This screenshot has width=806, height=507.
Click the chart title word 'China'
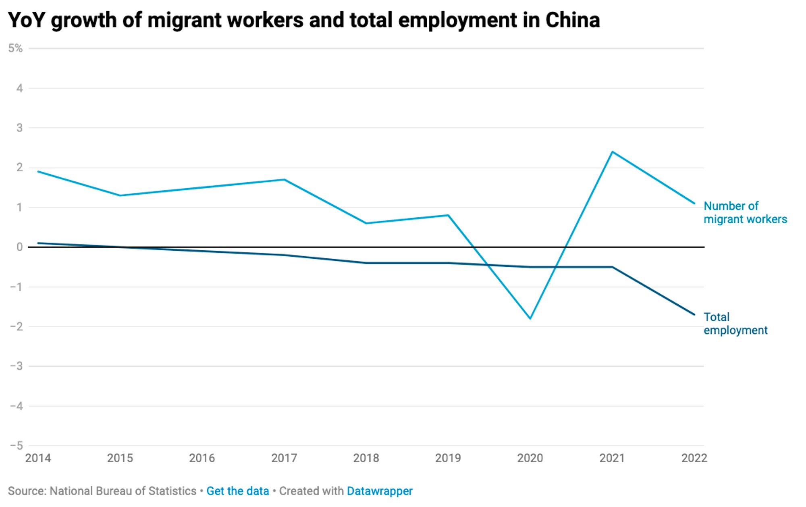click(x=572, y=20)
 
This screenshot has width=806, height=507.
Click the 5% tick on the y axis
click(x=15, y=48)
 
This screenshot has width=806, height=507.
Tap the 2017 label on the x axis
click(x=284, y=458)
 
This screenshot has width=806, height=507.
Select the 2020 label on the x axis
click(x=530, y=458)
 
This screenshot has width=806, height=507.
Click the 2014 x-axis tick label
click(x=38, y=458)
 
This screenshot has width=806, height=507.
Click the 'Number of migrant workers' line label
click(x=745, y=212)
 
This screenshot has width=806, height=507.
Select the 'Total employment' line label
click(x=735, y=323)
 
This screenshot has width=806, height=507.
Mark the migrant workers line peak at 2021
click(x=612, y=152)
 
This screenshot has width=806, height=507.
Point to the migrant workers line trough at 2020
click(x=530, y=318)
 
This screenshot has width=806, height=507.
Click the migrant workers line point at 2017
click(x=284, y=180)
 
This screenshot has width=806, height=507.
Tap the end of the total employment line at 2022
click(x=694, y=314)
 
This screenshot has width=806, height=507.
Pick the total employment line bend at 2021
click(x=612, y=267)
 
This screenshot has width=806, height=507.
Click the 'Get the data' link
click(x=237, y=491)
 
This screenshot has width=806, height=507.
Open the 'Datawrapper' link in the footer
click(x=380, y=491)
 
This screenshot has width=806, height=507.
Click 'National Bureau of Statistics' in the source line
click(x=123, y=491)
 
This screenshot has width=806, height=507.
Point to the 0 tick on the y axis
click(x=19, y=247)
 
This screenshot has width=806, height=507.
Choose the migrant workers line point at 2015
click(x=120, y=195)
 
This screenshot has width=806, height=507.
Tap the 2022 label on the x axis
click(x=694, y=458)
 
